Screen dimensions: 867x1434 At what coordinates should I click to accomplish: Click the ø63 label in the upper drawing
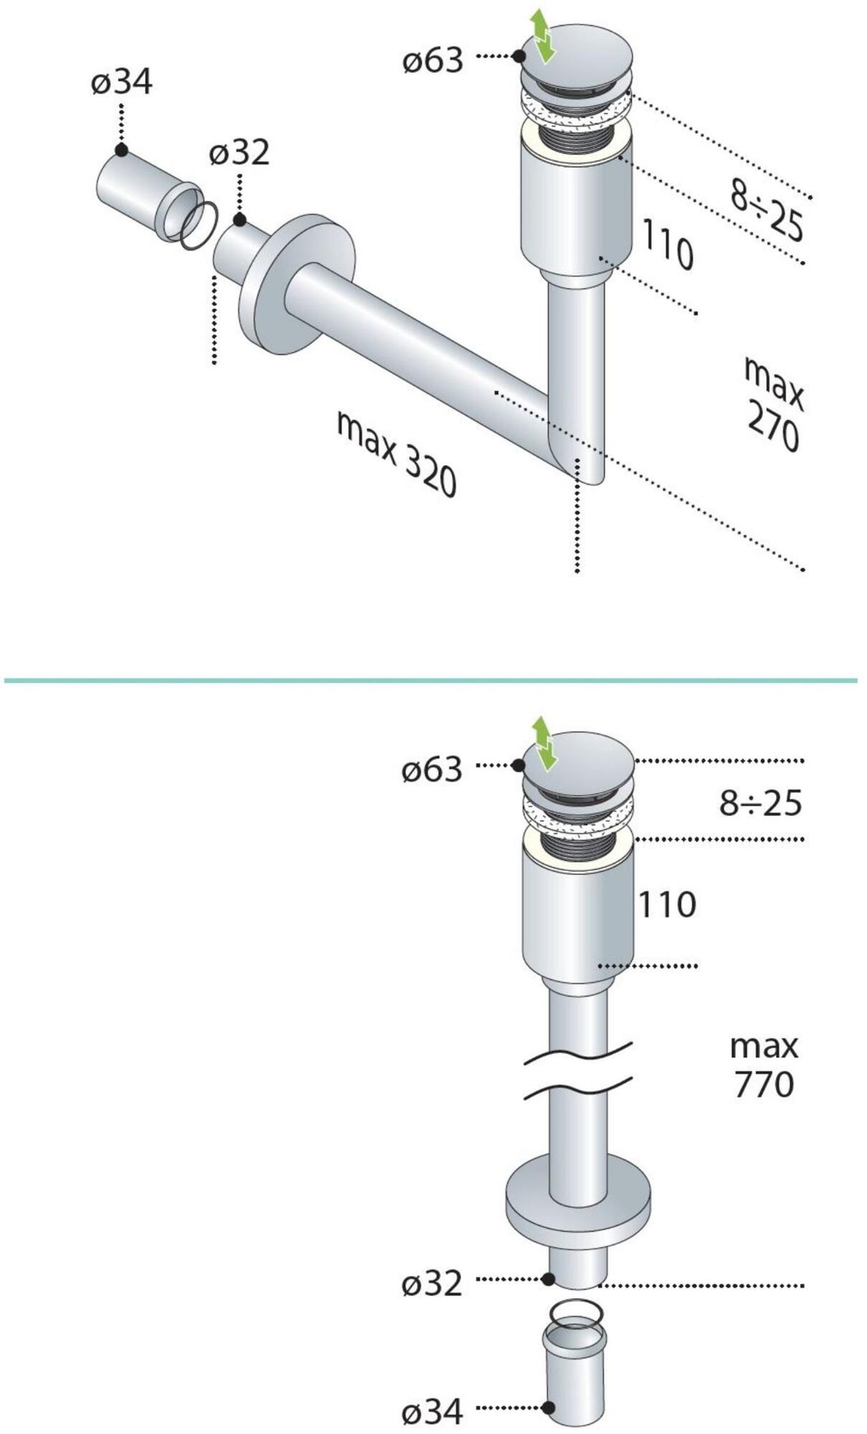click(x=432, y=60)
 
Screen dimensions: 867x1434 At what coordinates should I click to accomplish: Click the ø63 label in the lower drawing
click(x=432, y=770)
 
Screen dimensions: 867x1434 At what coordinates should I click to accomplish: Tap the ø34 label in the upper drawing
click(x=122, y=82)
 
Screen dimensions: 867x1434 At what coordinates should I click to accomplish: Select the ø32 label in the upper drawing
click(x=240, y=152)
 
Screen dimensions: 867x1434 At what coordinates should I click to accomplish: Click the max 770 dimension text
click(x=764, y=1065)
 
